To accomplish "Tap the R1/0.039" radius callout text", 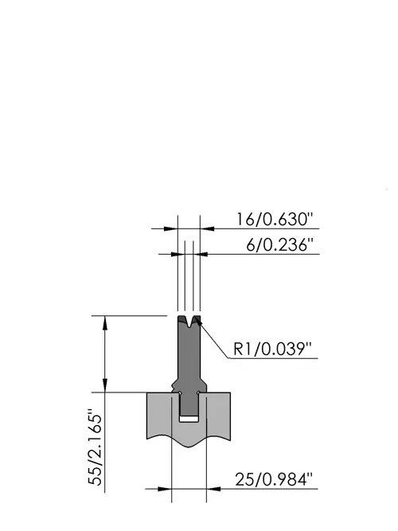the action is (272, 349).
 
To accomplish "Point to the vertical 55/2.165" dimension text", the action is (96, 447).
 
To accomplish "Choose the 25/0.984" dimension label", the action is (274, 479).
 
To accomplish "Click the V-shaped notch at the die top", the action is (189, 322).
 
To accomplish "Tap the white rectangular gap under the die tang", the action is (189, 419).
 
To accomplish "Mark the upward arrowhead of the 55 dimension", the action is (105, 322).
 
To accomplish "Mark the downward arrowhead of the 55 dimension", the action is (105, 385).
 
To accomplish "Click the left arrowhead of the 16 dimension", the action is (171, 229).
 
